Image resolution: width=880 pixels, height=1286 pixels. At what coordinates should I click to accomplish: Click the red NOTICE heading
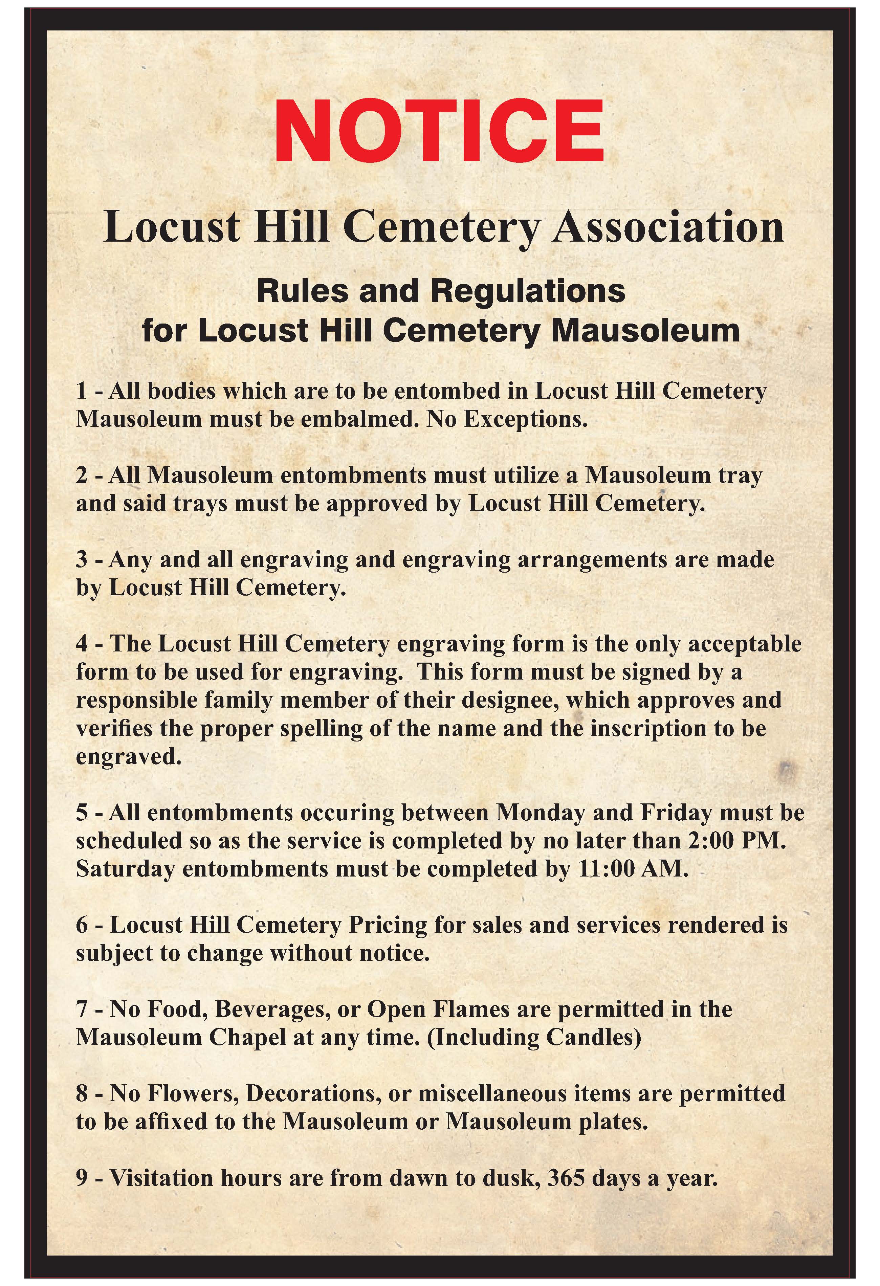click(439, 131)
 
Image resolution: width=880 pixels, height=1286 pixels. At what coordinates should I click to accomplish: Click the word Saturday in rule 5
click(125, 869)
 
